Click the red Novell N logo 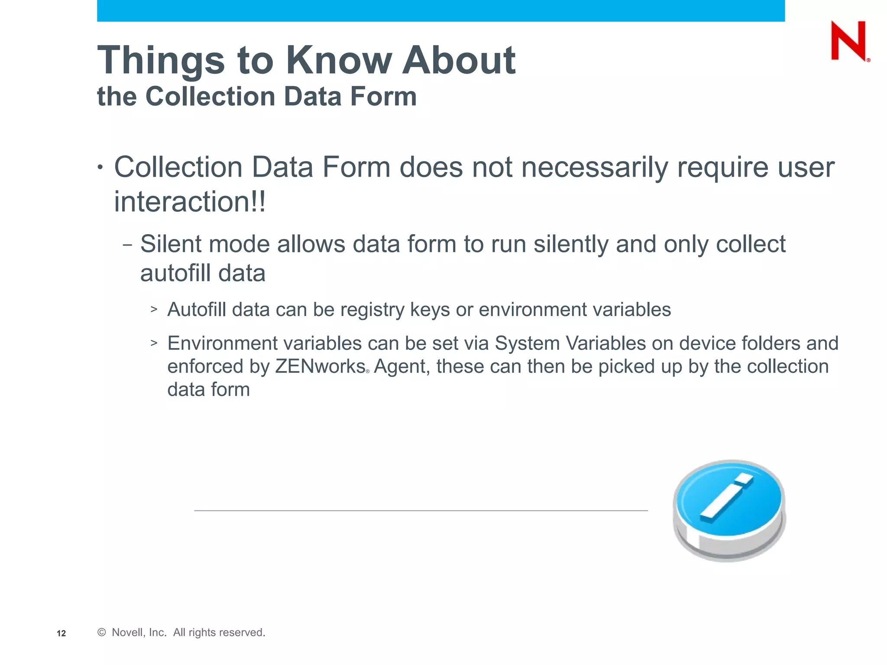[848, 41]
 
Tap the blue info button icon [729, 511]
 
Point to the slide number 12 [61, 633]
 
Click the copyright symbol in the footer [102, 633]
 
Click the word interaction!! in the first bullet [190, 202]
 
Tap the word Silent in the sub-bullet [171, 244]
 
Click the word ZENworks [320, 366]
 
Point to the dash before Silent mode [127, 245]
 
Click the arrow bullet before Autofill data [154, 309]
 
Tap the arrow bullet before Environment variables [154, 343]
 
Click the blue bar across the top [441, 10]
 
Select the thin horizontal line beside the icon [421, 511]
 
